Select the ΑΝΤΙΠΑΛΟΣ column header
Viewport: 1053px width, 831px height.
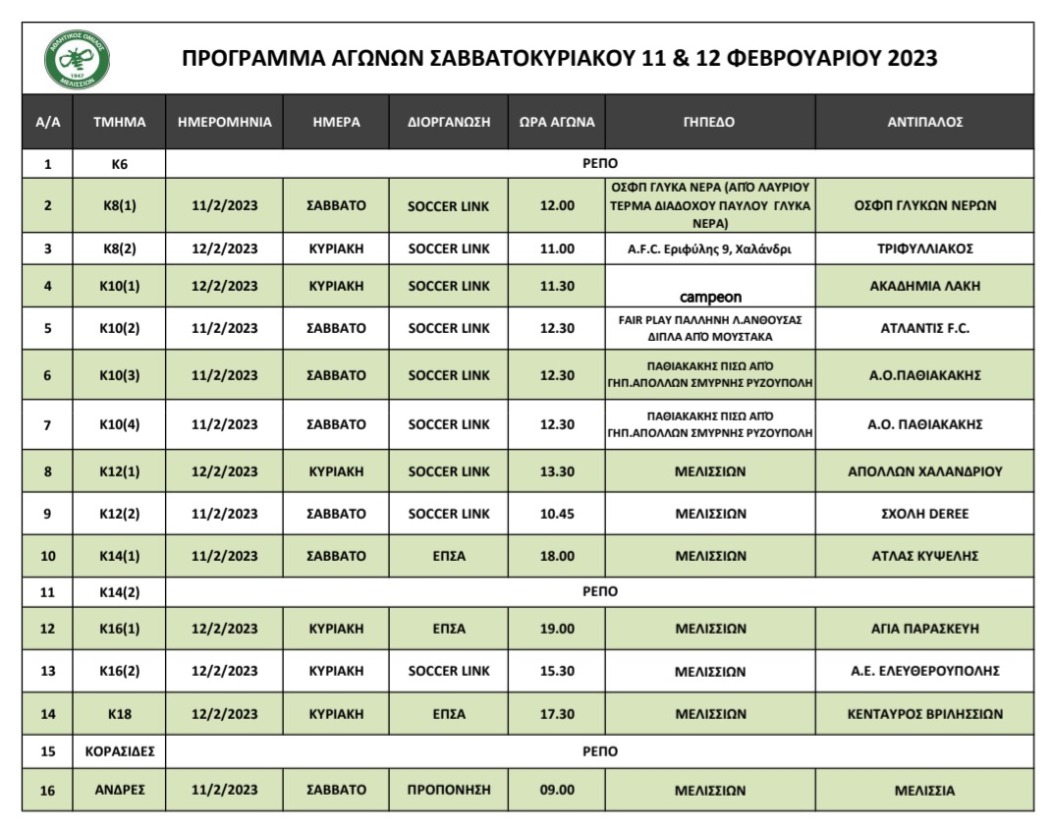click(x=924, y=124)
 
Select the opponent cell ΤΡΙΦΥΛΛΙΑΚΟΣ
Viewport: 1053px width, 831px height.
click(x=924, y=249)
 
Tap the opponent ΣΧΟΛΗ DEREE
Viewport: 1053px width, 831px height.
click(x=924, y=513)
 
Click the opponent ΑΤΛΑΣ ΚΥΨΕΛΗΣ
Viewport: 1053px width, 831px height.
click(x=924, y=556)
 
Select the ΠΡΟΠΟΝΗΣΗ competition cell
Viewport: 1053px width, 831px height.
click(x=448, y=789)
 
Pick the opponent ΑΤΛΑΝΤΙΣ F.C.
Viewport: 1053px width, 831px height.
click(x=924, y=329)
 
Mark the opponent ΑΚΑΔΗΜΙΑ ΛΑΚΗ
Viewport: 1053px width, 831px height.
click(x=924, y=286)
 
